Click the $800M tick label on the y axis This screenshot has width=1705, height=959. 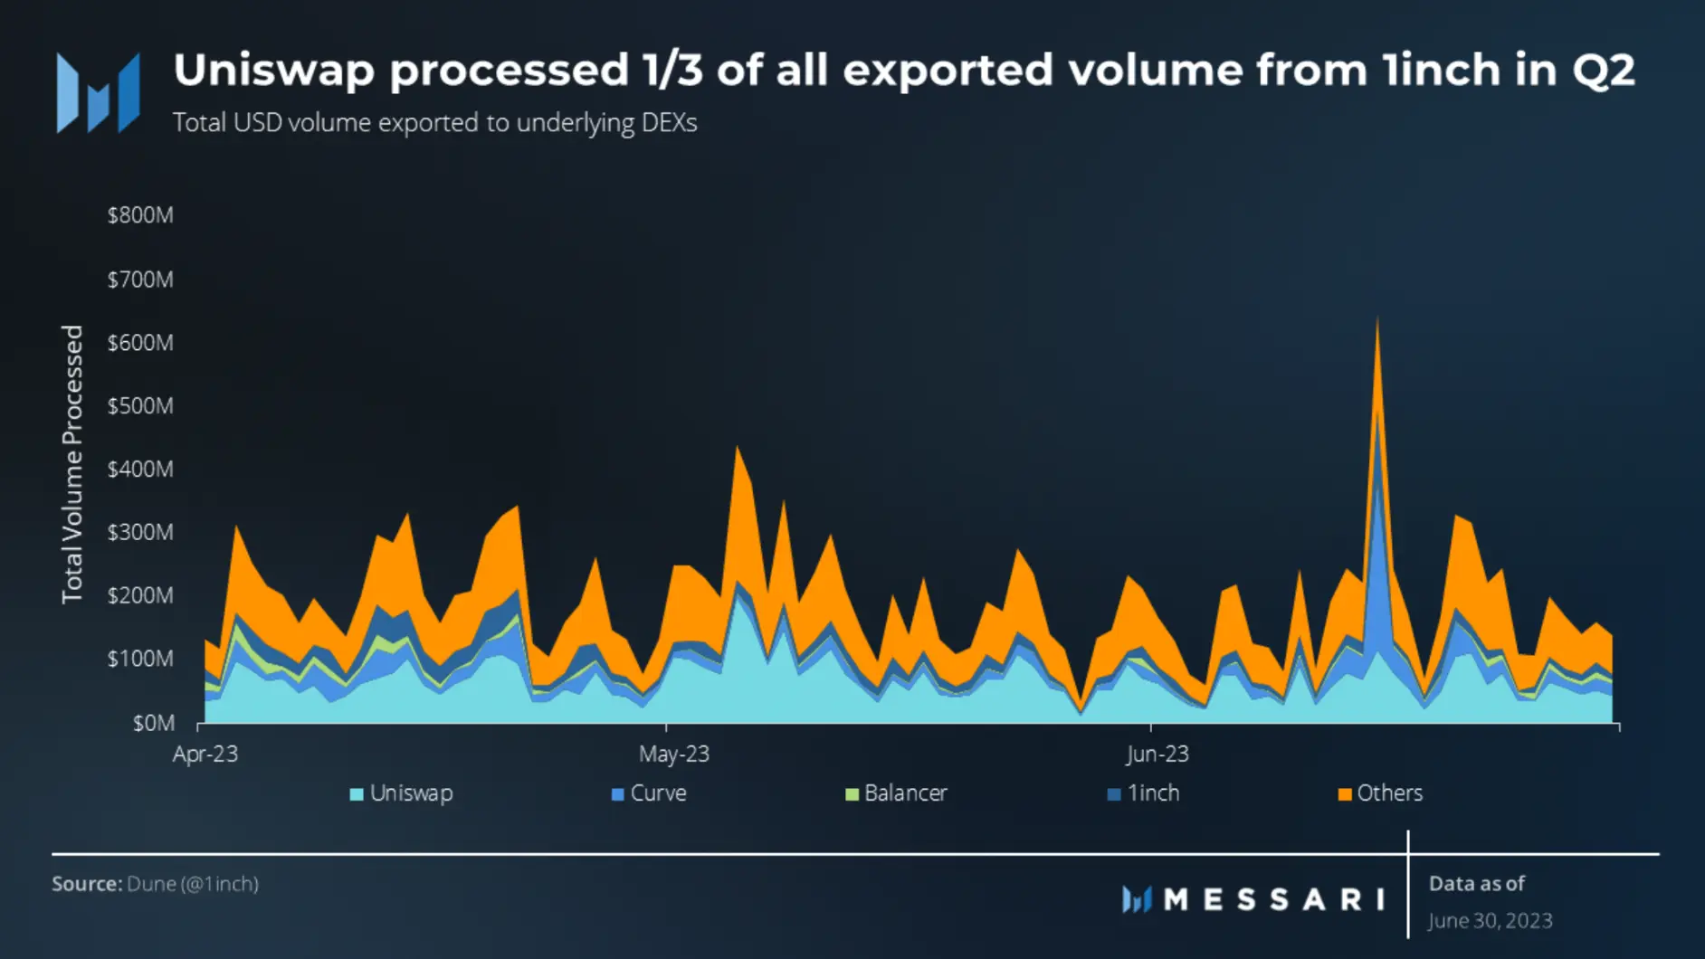pos(140,215)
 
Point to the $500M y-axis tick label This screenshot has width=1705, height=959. pos(140,406)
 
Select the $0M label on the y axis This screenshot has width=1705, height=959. pos(153,724)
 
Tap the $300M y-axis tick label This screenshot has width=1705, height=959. pos(140,533)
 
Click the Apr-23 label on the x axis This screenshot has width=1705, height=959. pos(205,755)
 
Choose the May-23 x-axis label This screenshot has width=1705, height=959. pos(674,755)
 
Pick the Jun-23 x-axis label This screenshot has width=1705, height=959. pos(1157,755)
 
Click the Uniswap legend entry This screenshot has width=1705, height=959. pos(402,793)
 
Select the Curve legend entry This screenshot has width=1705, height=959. pos(649,793)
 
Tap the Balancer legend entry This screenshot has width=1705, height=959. pos(896,793)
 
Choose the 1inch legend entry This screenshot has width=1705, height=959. pos(1144,793)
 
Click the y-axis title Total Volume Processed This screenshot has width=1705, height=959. pos(72,464)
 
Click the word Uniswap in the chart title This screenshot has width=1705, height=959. pos(274,71)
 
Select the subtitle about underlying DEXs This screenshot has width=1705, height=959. pos(434,123)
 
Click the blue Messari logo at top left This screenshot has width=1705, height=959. pos(98,93)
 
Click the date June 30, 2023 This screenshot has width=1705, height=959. pos(1491,921)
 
